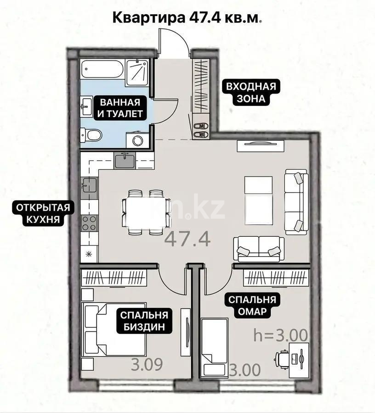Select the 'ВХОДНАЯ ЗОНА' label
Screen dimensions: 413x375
(250, 92)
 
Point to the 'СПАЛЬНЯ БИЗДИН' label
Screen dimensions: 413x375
(144, 321)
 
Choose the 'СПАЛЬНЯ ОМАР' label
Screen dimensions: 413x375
(250, 306)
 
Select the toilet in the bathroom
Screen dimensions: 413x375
(92, 135)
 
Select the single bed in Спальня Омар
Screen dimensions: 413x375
(214, 347)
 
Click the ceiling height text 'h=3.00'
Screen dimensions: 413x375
(280, 335)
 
